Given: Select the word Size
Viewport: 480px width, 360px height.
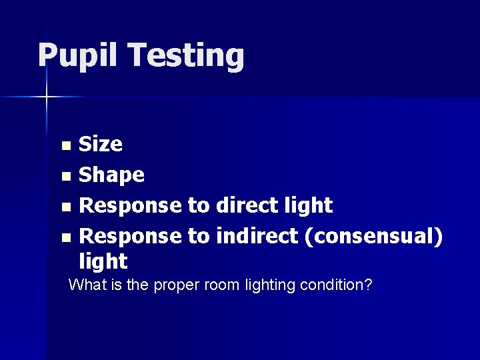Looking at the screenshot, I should tap(101, 144).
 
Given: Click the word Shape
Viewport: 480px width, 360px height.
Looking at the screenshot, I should tap(111, 175).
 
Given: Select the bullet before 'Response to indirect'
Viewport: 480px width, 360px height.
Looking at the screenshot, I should tap(65, 237).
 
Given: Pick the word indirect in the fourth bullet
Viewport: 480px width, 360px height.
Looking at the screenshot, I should tap(257, 236).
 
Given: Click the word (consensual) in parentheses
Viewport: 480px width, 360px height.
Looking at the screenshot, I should tap(373, 236).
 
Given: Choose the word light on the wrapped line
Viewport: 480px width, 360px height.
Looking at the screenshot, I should tap(103, 261).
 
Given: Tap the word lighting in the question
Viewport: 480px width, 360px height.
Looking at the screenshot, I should tap(269, 286).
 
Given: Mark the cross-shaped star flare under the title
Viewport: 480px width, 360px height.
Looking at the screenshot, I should tap(47, 97).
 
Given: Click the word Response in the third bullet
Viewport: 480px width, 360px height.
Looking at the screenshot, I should tap(130, 206).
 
